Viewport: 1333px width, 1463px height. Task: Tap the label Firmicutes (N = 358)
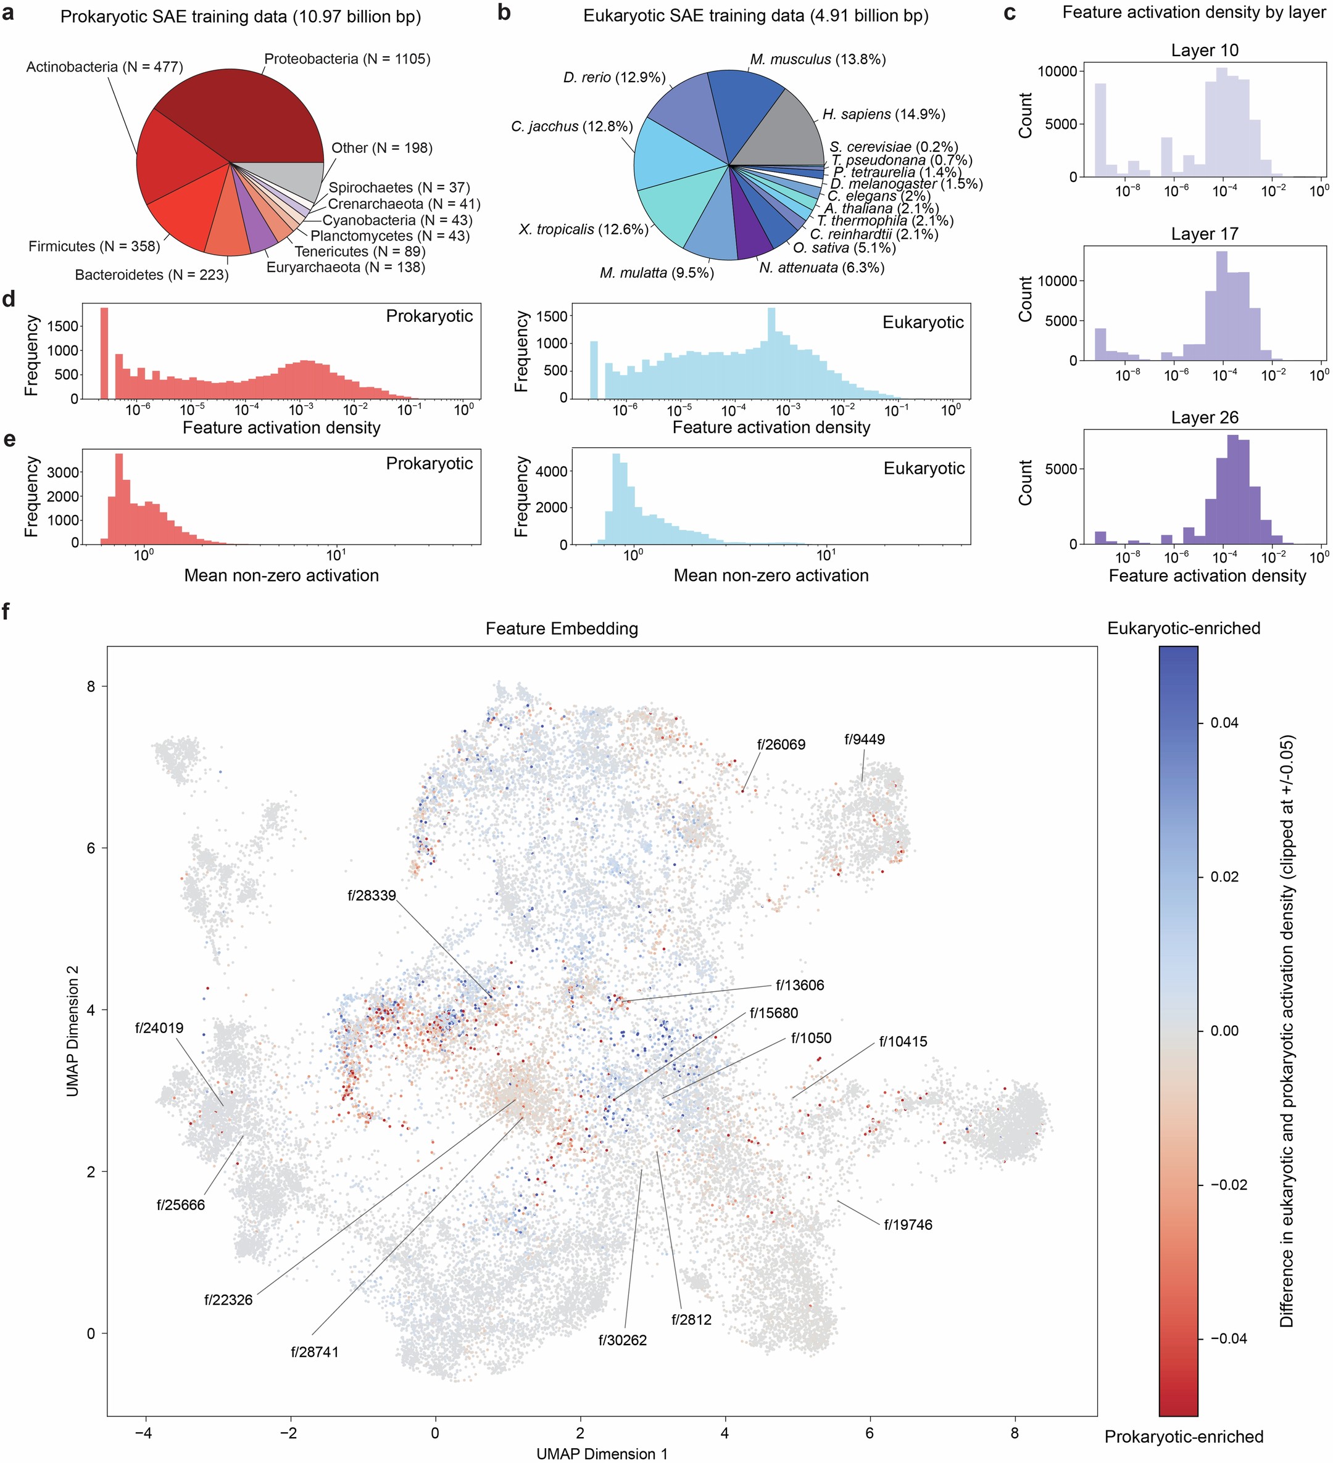pyautogui.click(x=94, y=247)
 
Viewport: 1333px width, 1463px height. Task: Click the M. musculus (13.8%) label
pyautogui.click(x=818, y=59)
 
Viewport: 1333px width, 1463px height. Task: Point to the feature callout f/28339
pyautogui.click(x=372, y=896)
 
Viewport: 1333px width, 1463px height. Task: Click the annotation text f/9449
pyautogui.click(x=864, y=740)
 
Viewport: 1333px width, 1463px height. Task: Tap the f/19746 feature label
pyautogui.click(x=908, y=1225)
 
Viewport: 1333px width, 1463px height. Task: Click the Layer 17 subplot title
pyautogui.click(x=1204, y=234)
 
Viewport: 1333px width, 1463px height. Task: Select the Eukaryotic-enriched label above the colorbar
pyautogui.click(x=1184, y=628)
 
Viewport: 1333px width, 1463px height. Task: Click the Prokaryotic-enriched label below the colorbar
pyautogui.click(x=1184, y=1437)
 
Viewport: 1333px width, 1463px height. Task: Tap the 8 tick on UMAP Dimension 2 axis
pyautogui.click(x=91, y=686)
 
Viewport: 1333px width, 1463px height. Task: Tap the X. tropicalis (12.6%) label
pyautogui.click(x=583, y=230)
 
